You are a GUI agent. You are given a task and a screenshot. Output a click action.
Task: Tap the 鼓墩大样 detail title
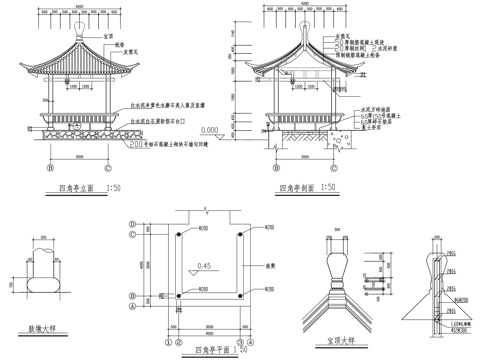point(37,328)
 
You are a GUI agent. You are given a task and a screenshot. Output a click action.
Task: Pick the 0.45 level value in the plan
point(204,265)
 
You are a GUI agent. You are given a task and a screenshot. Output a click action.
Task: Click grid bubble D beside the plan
point(133,236)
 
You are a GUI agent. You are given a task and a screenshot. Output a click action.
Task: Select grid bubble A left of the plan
point(133,309)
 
